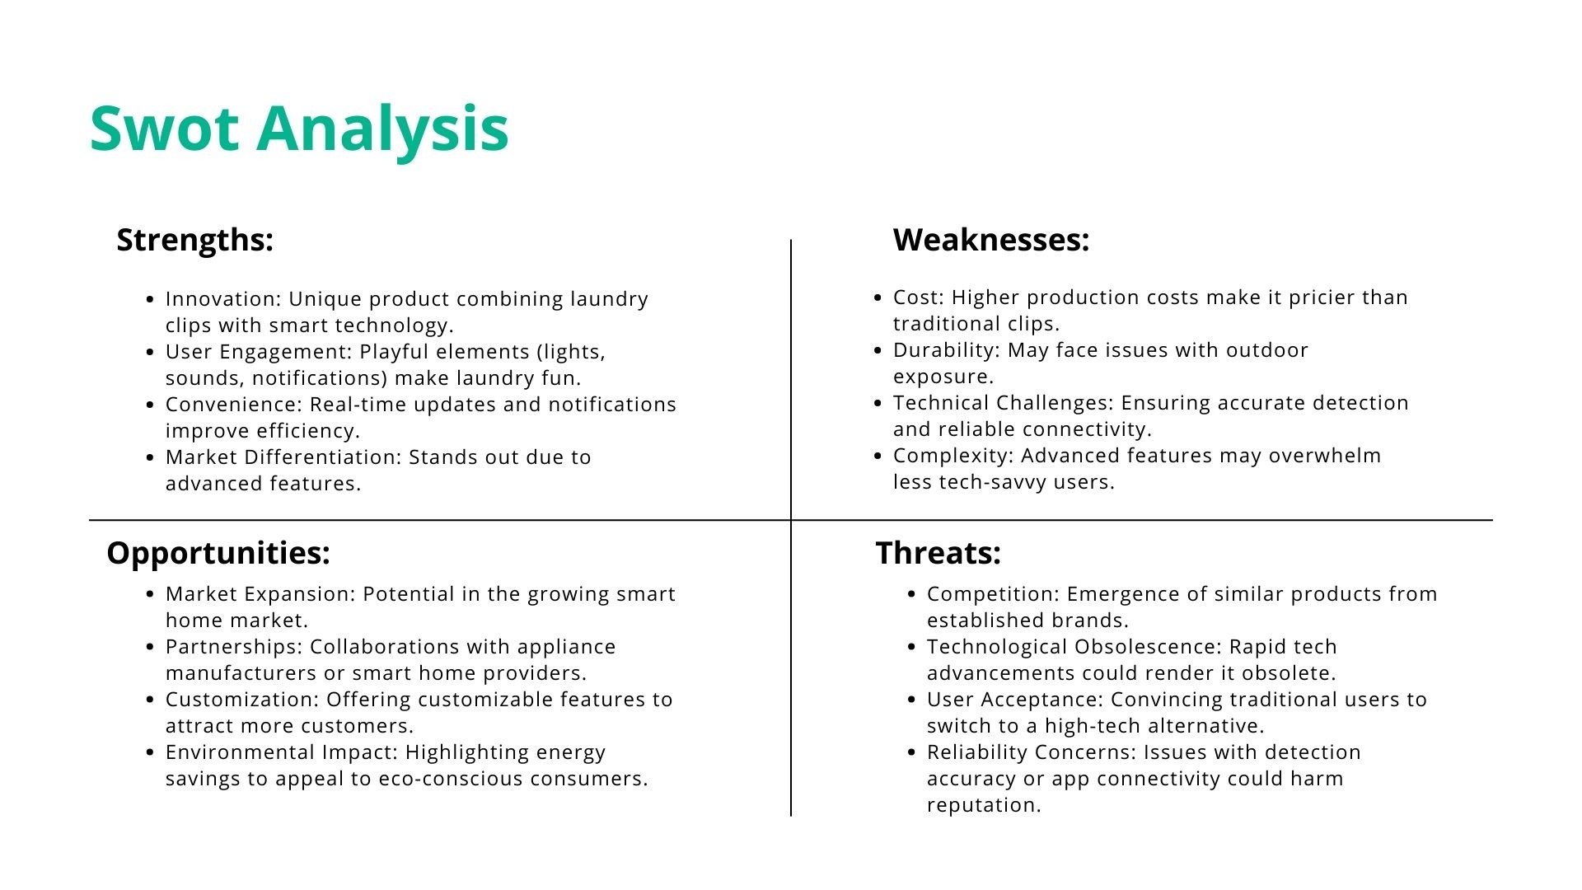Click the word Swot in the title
point(165,129)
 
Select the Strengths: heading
point(194,240)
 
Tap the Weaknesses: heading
point(991,240)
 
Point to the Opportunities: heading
point(218,553)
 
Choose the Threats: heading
point(938,553)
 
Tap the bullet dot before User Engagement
point(150,352)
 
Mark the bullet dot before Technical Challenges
point(878,403)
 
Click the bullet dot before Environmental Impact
point(150,752)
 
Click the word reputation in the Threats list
point(984,805)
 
